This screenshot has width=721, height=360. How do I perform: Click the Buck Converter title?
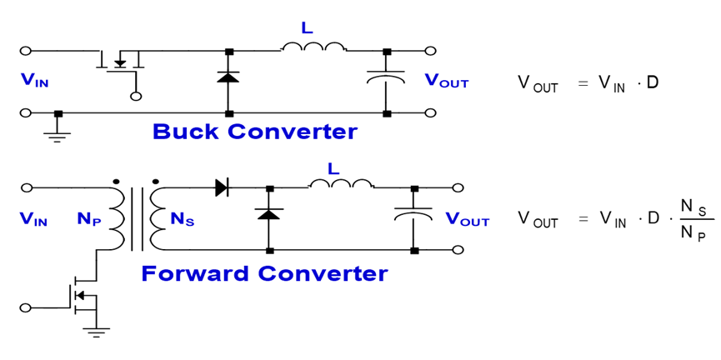coord(255,132)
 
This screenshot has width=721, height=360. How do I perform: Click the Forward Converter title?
coord(264,272)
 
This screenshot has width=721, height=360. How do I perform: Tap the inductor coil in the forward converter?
coord(343,184)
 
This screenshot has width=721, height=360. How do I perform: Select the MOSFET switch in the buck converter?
coord(122,62)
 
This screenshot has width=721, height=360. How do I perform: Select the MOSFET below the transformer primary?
coord(81,296)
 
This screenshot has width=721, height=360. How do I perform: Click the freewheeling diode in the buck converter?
coord(228,77)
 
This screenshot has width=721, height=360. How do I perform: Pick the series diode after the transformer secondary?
coord(223,187)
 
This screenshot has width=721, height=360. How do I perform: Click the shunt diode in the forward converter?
coord(268,214)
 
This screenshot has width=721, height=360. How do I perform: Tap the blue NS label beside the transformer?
coord(182,221)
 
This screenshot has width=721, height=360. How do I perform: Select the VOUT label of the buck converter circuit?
coord(447,81)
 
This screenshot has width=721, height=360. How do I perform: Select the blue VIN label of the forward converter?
coord(35,220)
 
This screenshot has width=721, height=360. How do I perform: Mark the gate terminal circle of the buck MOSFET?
coord(136,96)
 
